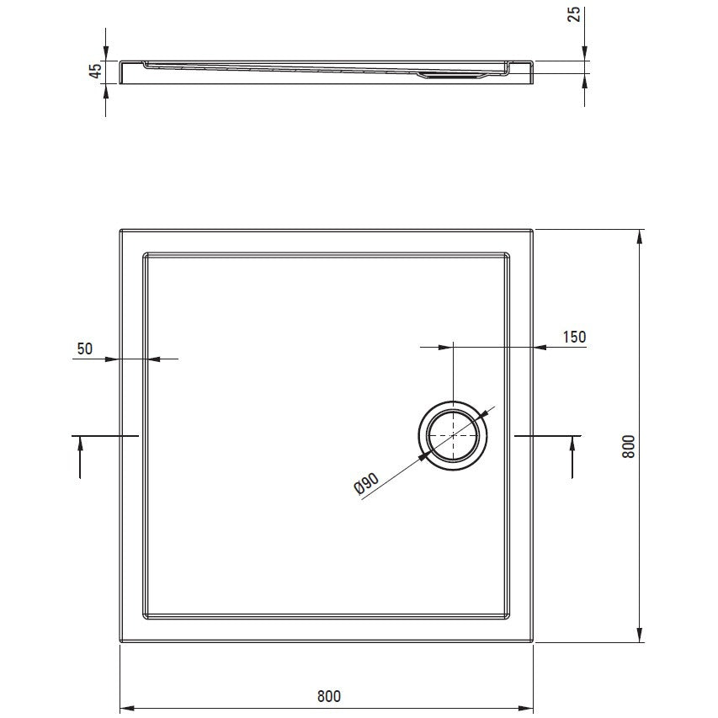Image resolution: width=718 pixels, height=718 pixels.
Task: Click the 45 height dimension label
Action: pyautogui.click(x=96, y=71)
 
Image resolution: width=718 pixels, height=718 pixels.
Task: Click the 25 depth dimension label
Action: pyautogui.click(x=574, y=14)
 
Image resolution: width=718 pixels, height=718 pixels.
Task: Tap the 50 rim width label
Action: pyautogui.click(x=85, y=348)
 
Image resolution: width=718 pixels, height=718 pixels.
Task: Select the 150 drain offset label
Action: pyautogui.click(x=574, y=337)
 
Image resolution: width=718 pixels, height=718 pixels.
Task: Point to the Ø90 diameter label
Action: pyautogui.click(x=367, y=483)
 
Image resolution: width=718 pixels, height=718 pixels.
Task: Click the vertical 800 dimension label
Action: pyautogui.click(x=629, y=446)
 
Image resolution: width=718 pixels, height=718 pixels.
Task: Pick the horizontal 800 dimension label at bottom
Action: pyautogui.click(x=329, y=696)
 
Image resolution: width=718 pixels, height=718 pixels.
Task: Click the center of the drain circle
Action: pyautogui.click(x=453, y=435)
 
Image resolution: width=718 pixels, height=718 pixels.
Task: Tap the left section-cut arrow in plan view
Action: pyautogui.click(x=80, y=457)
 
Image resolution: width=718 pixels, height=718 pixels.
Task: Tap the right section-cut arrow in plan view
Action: pyautogui.click(x=572, y=457)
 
